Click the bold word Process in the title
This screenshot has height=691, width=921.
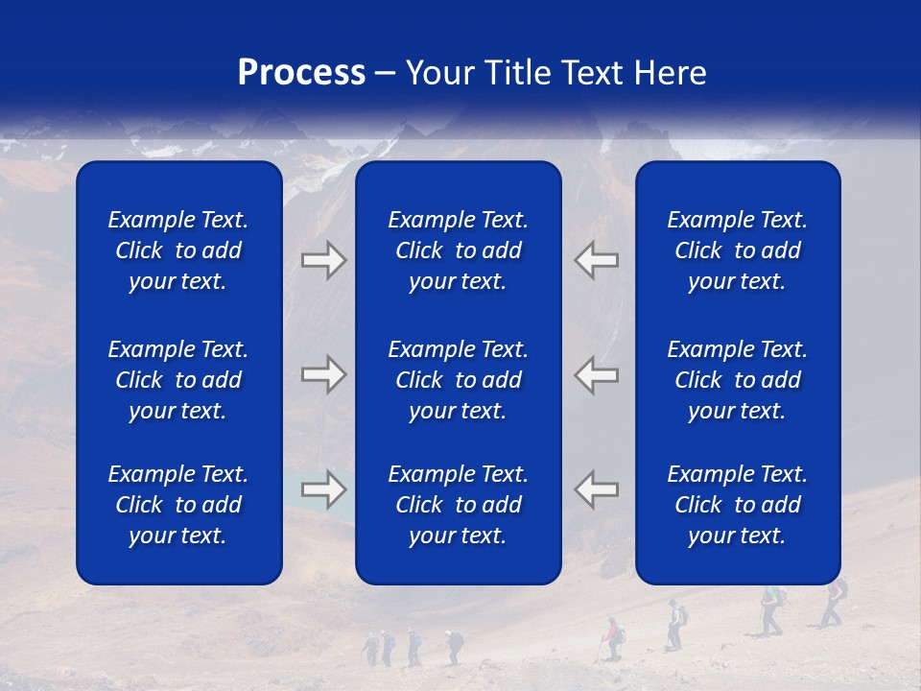click(x=301, y=73)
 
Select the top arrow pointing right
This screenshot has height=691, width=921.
click(x=323, y=260)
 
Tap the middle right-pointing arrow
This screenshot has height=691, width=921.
click(x=323, y=374)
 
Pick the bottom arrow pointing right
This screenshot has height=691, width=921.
click(x=323, y=489)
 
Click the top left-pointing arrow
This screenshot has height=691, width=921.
click(x=597, y=260)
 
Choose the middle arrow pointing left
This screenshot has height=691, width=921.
click(x=597, y=374)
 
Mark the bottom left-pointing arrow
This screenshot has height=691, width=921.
click(x=597, y=489)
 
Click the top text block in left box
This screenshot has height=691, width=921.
click(x=178, y=250)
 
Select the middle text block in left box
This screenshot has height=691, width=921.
click(x=178, y=380)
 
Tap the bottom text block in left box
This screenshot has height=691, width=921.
click(x=178, y=505)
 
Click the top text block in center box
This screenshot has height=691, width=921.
click(x=459, y=250)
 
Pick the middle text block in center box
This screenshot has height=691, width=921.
click(x=459, y=380)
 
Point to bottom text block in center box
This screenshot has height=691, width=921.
click(x=459, y=505)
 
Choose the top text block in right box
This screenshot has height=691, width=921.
click(x=738, y=250)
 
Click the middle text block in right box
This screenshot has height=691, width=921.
click(x=738, y=380)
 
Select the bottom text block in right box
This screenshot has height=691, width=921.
click(x=738, y=505)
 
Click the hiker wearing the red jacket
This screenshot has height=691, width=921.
click(x=611, y=637)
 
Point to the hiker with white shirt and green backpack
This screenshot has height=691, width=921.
click(x=676, y=624)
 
